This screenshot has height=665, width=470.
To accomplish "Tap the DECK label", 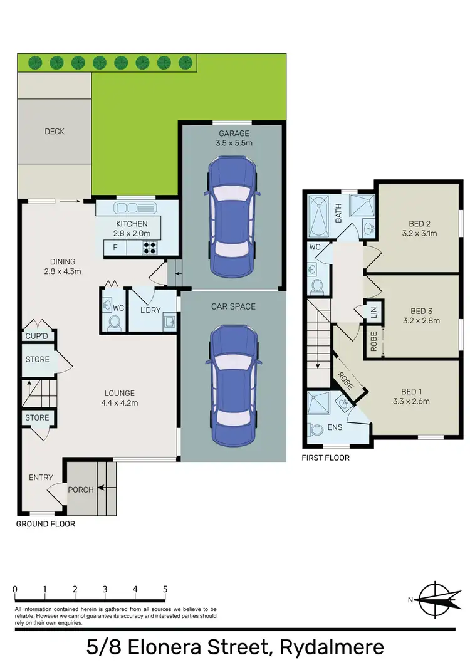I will (x=55, y=132).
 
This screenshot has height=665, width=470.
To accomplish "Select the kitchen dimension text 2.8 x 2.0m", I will (x=132, y=234).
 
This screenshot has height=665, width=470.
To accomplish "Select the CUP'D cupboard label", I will (x=37, y=337).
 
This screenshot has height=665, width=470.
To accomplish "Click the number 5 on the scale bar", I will (x=165, y=590).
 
